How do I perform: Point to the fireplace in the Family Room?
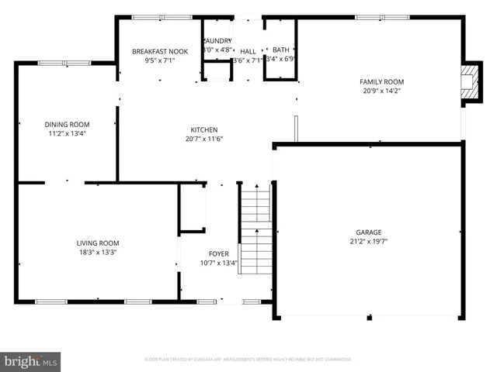coord(468,83)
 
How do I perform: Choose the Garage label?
coord(369,232)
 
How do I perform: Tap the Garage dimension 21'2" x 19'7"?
coord(369,241)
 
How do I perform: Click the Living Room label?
coord(97,243)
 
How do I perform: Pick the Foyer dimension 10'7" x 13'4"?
coord(218,263)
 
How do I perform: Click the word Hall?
coord(248,51)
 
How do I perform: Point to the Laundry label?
coord(217,41)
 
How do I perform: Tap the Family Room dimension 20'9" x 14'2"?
coord(381,91)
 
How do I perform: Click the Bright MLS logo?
coord(30,360)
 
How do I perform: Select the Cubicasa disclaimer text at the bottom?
coord(248,360)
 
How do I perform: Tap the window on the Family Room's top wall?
coord(381,17)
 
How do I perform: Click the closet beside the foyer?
coord(192,208)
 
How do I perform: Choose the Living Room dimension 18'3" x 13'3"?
coord(97,252)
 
